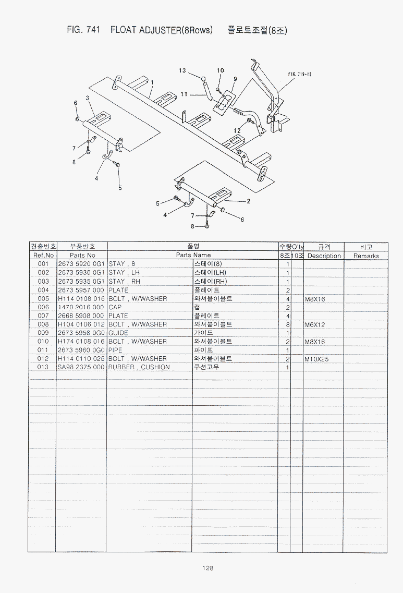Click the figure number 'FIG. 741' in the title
(83, 30)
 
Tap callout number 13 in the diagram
(182, 70)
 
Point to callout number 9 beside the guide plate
(235, 79)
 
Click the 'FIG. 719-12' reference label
(300, 74)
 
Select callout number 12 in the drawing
(237, 130)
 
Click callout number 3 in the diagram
(88, 98)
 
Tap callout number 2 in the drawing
(248, 201)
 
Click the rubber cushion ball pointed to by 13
(203, 79)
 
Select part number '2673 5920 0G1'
(81, 263)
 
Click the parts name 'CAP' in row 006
(115, 307)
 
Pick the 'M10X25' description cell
(316, 359)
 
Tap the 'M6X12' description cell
(314, 324)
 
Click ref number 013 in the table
(43, 367)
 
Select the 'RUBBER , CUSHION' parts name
(139, 367)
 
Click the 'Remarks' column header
(366, 256)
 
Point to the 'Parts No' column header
(82, 255)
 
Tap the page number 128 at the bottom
(207, 567)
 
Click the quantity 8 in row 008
(288, 324)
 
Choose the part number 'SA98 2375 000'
(81, 367)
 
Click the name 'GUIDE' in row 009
(118, 333)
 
